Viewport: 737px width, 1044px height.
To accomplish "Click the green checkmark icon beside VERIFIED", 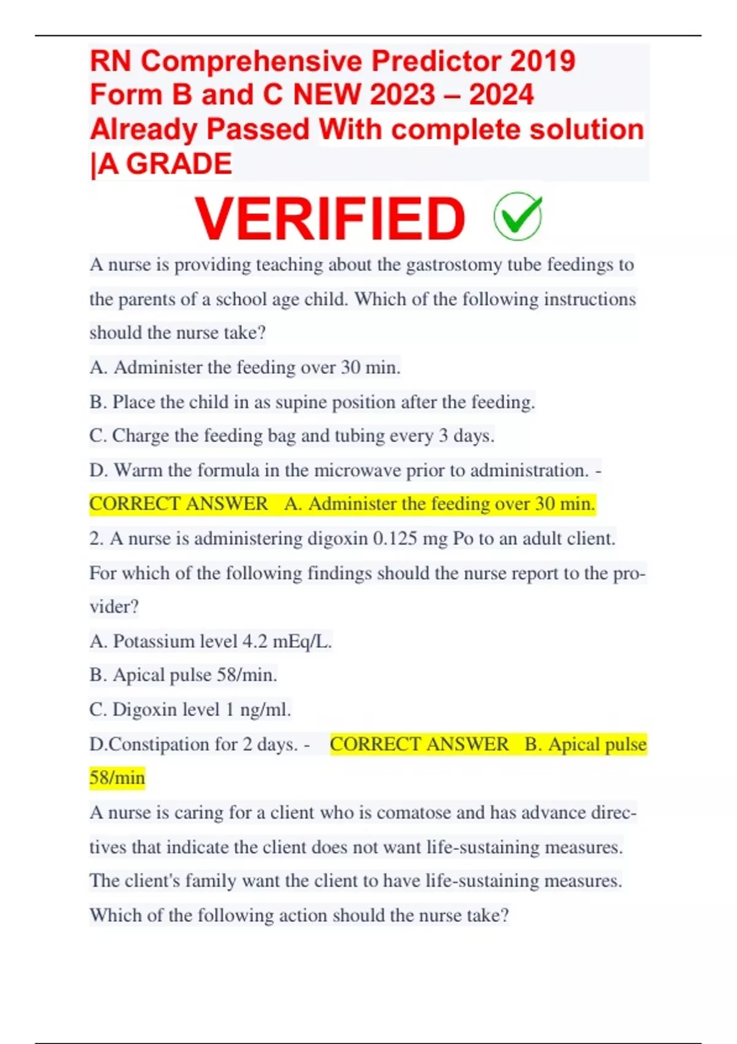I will coord(518,216).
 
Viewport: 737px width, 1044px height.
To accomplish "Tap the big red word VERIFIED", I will coord(330,218).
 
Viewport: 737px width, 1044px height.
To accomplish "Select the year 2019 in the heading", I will coord(542,61).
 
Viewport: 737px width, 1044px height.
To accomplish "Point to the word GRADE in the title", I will coord(179,164).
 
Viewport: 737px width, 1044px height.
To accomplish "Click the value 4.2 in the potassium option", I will coord(255,642).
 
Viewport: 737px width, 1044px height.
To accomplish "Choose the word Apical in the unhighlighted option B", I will coord(139,675).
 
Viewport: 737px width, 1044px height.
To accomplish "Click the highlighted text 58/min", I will coord(117,778).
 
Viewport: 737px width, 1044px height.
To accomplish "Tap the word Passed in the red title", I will coord(258,130).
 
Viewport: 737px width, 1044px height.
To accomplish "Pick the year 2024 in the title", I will coord(501,95).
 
